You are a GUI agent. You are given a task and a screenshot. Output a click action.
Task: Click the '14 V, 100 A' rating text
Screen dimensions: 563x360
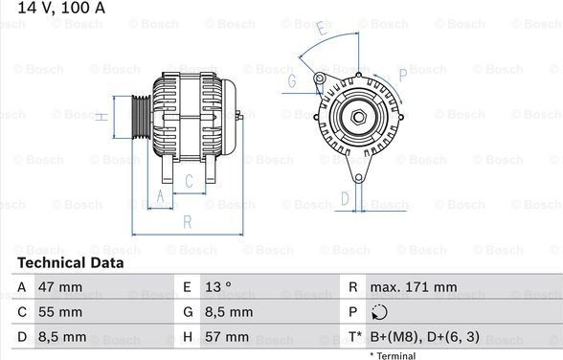point(61,8)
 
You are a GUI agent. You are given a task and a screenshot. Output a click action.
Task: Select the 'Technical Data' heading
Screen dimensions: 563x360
point(71,262)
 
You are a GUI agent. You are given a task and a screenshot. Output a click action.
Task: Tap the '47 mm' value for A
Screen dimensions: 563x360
point(60,287)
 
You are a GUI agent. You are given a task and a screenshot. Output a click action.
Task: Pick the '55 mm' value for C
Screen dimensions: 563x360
point(60,312)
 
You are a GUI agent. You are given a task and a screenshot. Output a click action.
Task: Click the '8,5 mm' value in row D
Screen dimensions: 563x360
point(62,337)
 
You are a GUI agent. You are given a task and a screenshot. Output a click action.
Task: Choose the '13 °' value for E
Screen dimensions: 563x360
point(218,287)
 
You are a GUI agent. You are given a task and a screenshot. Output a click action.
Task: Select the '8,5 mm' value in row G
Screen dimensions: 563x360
point(229,312)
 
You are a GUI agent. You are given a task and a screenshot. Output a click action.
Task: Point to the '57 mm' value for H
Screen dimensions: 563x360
point(227,337)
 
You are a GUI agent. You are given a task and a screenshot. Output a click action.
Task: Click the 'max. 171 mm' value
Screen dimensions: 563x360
point(414,287)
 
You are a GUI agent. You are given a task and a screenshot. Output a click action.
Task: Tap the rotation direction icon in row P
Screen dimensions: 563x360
point(379,312)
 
